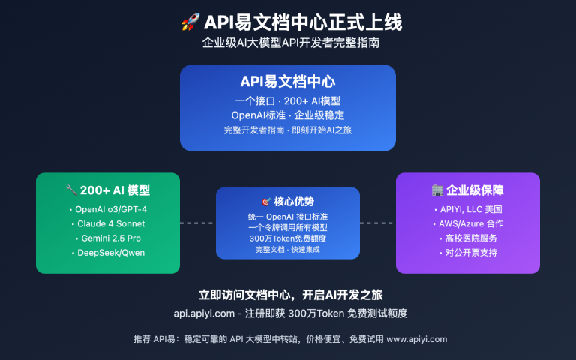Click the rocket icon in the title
click(189, 22)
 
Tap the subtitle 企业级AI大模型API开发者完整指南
click(288, 43)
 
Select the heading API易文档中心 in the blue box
click(288, 82)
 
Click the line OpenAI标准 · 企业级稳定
click(288, 115)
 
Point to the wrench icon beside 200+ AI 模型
click(72, 190)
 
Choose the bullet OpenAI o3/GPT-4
click(108, 209)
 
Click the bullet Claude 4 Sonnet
click(108, 223)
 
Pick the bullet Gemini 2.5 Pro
click(108, 238)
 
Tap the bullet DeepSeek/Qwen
click(108, 252)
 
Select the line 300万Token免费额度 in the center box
click(288, 238)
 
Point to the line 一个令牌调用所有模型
click(288, 227)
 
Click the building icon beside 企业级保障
click(437, 190)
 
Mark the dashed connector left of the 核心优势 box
click(198, 223)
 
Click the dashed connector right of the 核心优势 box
click(377, 223)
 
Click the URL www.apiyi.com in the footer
click(418, 339)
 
